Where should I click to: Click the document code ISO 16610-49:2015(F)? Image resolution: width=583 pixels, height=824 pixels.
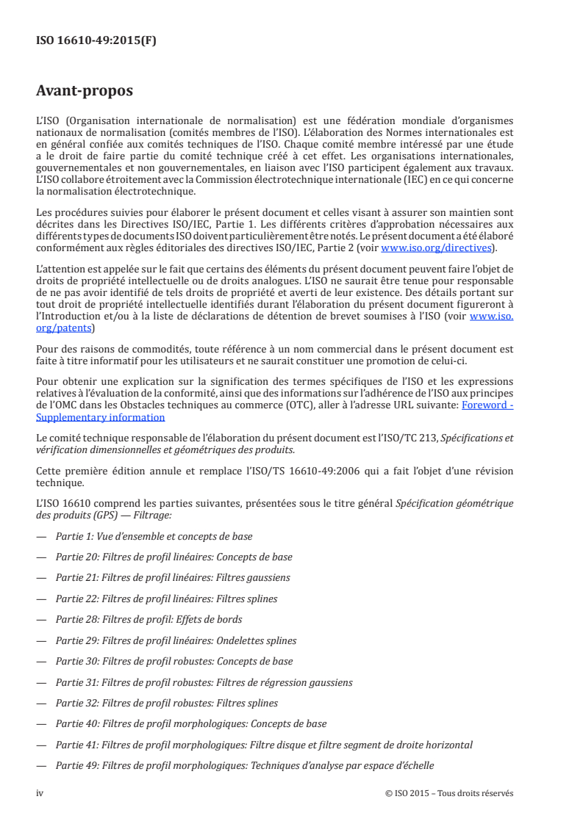tap(96, 41)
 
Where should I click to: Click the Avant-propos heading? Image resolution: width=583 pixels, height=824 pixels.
tap(85, 91)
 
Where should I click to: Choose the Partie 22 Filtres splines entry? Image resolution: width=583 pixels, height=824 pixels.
tap(166, 599)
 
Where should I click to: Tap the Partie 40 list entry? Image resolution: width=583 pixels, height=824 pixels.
tap(191, 723)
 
